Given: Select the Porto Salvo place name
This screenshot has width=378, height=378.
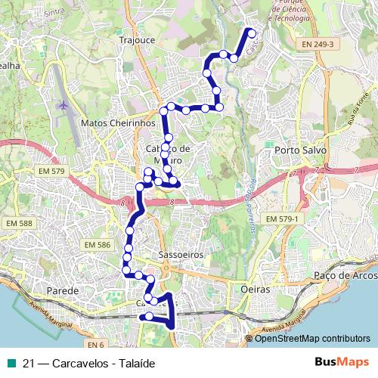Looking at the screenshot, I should click(301, 150).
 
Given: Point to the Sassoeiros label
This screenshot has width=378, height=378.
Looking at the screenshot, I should click(182, 256).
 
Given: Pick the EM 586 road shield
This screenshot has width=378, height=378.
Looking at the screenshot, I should click(98, 245).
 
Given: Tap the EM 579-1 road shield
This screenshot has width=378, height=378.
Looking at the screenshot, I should click(283, 218).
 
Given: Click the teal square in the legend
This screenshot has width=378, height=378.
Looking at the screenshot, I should click(11, 363).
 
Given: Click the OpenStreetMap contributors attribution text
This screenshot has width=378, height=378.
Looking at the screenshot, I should click(311, 339).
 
